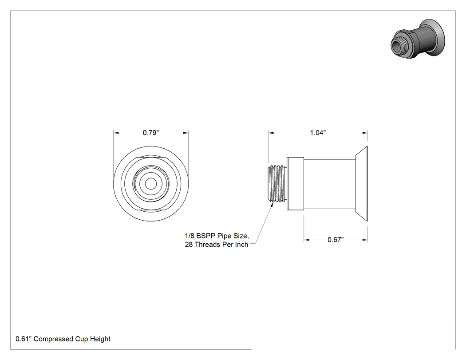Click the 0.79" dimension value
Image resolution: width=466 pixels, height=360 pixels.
(151, 133)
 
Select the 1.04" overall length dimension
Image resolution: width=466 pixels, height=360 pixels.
(318, 133)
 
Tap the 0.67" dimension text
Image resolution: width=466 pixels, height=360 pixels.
(336, 240)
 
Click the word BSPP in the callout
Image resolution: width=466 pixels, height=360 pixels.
(205, 236)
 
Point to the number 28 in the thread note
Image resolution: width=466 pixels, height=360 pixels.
(189, 245)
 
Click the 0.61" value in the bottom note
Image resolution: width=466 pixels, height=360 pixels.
(24, 339)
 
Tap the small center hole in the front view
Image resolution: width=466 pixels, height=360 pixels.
(151, 184)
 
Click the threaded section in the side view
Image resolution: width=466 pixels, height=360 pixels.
(277, 184)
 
